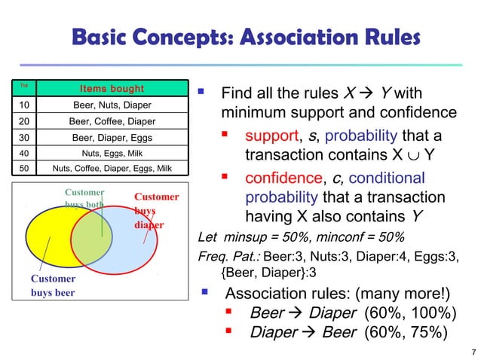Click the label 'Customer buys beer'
tap(53, 285)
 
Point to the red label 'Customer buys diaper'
tap(156, 211)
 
